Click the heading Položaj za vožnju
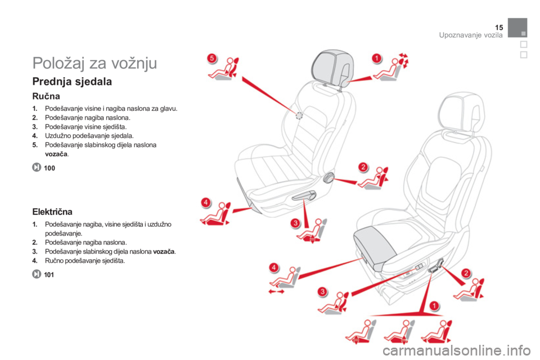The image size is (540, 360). click(94, 63)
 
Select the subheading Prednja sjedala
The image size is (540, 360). click(72, 82)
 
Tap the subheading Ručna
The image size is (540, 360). click(46, 96)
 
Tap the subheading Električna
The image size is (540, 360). click(52, 211)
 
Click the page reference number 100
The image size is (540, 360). click(49, 168)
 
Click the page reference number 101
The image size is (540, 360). click(49, 275)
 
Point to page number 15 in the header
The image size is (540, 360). click(499, 28)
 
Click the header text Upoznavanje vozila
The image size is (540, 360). click(471, 35)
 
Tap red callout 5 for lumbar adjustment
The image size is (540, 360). click(212, 58)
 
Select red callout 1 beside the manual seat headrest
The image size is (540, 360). click(377, 58)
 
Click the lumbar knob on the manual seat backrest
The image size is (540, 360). click(299, 116)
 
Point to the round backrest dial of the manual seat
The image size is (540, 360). click(328, 177)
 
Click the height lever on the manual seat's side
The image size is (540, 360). click(304, 196)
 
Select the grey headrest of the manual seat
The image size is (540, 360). click(332, 67)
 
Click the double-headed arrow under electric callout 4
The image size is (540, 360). click(276, 292)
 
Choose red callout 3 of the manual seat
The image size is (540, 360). click(295, 223)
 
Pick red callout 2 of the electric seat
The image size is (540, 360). click(466, 273)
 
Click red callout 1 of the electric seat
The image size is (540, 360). click(434, 306)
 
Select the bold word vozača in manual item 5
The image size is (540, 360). click(56, 154)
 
